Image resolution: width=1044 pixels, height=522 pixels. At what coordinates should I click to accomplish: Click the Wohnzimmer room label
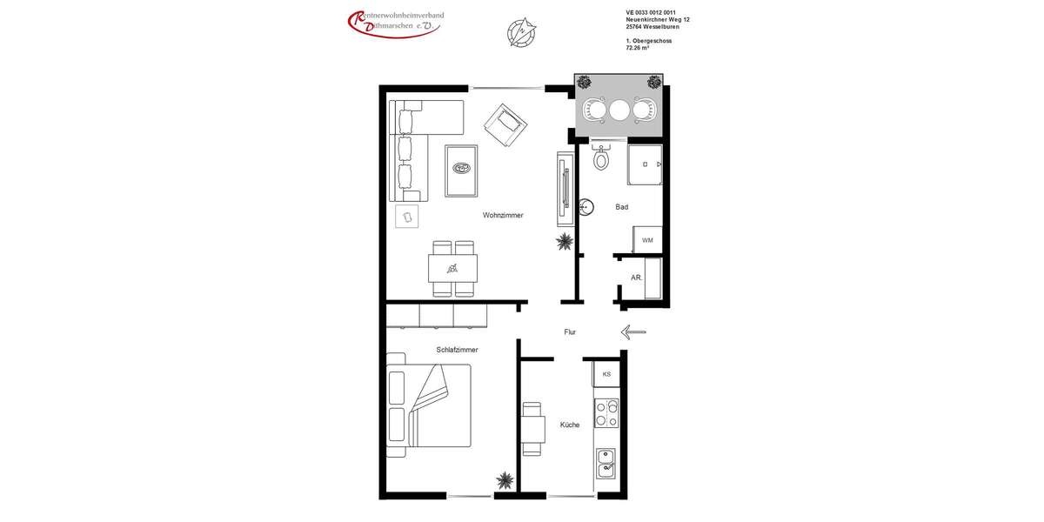(503, 215)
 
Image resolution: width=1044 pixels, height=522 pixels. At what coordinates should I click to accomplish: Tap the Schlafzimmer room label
(457, 350)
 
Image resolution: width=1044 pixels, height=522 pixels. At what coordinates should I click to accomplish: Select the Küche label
(570, 425)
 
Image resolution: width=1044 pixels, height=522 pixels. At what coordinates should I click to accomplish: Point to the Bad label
(621, 207)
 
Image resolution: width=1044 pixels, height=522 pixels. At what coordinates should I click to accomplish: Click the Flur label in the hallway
(570, 331)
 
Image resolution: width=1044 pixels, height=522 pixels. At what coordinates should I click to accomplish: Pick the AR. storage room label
(636, 278)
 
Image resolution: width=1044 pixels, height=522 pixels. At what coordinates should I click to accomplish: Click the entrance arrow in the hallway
(633, 331)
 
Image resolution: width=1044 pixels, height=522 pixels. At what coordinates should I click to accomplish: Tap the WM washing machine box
(647, 240)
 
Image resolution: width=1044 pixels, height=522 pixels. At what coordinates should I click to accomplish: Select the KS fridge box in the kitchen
(606, 374)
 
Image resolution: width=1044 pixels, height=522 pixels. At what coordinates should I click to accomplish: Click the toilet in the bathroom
(600, 158)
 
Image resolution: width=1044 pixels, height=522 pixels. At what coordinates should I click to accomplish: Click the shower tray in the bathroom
(645, 164)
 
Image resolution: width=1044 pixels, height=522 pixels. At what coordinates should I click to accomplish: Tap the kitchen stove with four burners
(606, 414)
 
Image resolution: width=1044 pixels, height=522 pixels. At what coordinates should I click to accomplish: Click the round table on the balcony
(619, 110)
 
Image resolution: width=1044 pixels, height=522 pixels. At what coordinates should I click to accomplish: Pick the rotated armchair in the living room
(505, 125)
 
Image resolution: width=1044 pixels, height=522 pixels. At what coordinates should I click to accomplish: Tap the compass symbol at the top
(521, 32)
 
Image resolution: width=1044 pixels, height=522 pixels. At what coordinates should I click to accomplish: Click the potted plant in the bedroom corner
(504, 479)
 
